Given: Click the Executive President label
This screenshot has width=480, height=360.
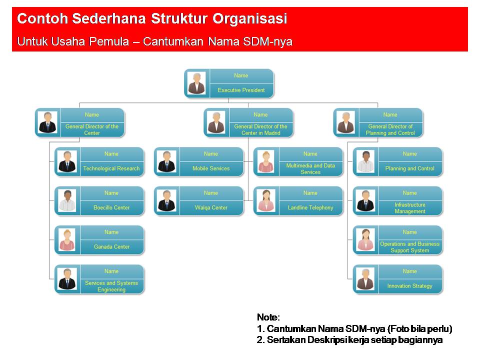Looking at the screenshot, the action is tap(241, 90).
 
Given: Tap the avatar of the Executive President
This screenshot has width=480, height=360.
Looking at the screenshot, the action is tap(196, 83).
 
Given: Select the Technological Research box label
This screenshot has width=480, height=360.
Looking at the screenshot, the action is tap(111, 168).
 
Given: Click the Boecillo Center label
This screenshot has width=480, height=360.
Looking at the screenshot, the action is tap(111, 207).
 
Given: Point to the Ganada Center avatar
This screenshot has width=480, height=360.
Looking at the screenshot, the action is tap(67, 240).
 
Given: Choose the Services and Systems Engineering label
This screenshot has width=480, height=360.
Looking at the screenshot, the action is tap(111, 286).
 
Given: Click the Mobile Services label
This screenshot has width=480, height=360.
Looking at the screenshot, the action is tap(211, 168).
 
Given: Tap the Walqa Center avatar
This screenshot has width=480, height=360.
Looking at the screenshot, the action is tap(166, 201).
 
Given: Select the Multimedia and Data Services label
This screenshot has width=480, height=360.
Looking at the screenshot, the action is tap(310, 168).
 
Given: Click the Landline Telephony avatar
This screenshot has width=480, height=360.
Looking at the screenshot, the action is tap(266, 201).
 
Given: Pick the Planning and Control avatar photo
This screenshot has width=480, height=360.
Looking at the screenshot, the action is tap(365, 162).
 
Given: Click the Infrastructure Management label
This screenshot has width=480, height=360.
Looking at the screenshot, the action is tap(410, 208).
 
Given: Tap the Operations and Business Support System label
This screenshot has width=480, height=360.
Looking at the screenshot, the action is tap(410, 247).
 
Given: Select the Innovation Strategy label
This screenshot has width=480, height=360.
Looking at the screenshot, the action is tap(410, 286).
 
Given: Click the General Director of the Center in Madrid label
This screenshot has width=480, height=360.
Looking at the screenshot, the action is tap(260, 129).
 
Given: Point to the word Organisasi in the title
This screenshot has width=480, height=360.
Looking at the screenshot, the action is tap(250, 19).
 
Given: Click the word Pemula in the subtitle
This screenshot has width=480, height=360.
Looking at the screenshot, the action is tap(109, 41).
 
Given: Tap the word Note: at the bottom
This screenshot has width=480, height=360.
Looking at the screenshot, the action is tap(268, 317).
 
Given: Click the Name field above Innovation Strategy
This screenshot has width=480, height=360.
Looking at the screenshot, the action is tap(410, 271).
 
